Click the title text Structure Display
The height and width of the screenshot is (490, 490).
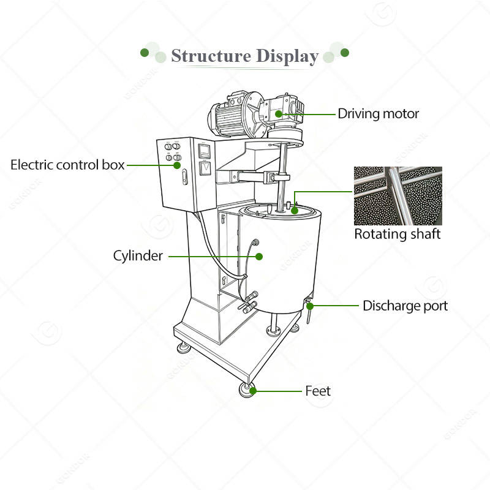click(244, 56)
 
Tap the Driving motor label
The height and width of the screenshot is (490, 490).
click(379, 113)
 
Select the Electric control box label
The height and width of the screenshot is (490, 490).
click(67, 165)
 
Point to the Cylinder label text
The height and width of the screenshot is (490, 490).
click(138, 255)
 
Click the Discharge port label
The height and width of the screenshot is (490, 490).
click(405, 305)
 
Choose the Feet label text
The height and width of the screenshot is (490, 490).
click(317, 390)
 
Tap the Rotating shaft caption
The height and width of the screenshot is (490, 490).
click(398, 234)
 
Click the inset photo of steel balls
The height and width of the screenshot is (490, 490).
click(398, 195)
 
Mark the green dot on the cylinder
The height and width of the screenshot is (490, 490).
click(258, 255)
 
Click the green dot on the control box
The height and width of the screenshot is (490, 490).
click(177, 165)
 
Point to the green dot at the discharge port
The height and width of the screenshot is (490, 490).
click(310, 305)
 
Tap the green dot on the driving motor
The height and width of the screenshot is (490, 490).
click(279, 113)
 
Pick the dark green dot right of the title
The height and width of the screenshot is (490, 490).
click(345, 53)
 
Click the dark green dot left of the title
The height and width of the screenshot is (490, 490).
click(145, 53)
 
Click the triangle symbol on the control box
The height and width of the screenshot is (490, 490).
click(206, 167)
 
